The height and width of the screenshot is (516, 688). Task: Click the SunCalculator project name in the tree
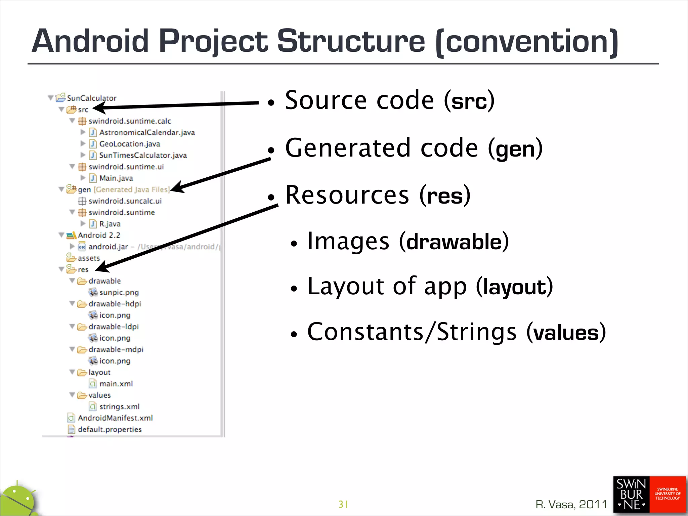point(91,98)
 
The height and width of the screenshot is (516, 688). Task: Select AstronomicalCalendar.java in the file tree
point(147,132)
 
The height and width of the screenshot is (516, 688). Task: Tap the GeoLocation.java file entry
point(129,144)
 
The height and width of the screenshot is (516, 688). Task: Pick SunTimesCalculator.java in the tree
point(143,155)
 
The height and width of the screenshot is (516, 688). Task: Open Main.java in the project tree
point(116,178)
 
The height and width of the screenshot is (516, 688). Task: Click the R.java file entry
point(110,224)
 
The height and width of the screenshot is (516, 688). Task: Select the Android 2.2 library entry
point(99,235)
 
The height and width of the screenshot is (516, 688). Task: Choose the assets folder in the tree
point(89,258)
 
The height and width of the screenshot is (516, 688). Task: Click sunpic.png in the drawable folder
point(119,292)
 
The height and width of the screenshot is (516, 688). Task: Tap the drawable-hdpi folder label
point(115,304)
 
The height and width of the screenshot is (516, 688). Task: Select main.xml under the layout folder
point(116,384)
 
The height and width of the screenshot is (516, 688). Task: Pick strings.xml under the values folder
point(119,406)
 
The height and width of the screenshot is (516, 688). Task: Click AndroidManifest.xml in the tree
point(115,418)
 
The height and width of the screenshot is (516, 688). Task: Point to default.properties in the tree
point(110,429)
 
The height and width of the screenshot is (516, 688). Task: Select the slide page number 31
point(343,504)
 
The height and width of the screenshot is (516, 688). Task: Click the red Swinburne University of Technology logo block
point(667,494)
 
